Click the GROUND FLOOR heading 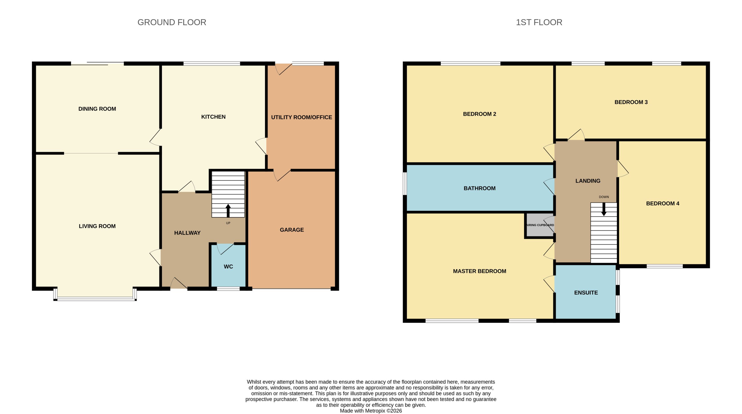point(172,22)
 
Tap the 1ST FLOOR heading point(539,22)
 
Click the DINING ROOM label point(97,109)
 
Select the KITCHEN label point(213,117)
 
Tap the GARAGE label point(292,230)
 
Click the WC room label point(229,267)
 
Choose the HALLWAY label point(187,233)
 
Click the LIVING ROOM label point(97,226)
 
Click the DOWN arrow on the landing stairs point(604,209)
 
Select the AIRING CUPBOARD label point(540,225)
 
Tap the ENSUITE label point(586,293)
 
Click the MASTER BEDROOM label point(479,271)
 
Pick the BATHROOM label point(479,188)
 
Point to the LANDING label point(588,181)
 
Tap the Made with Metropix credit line point(371,411)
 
